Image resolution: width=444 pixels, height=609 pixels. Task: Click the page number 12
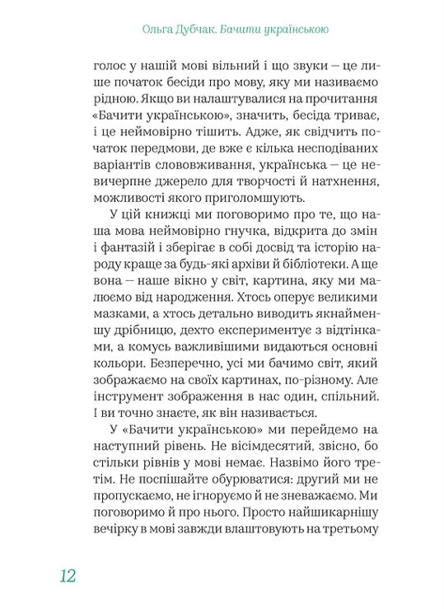68,574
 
